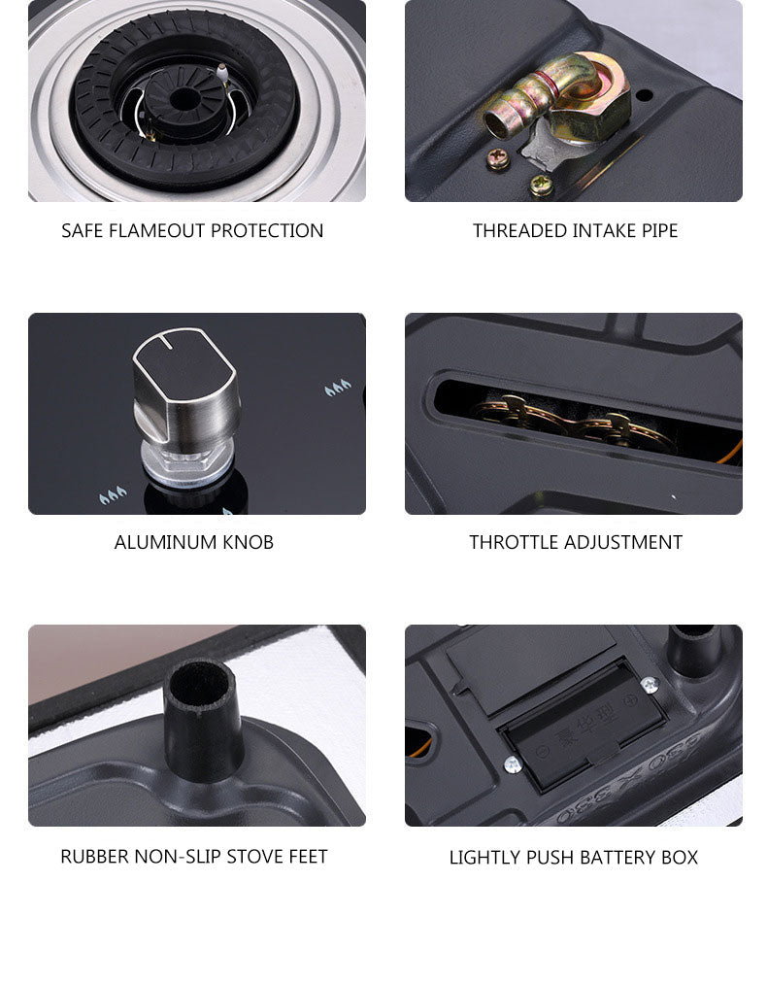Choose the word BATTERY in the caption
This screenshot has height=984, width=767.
pos(612,857)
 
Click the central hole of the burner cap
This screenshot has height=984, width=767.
pos(184,99)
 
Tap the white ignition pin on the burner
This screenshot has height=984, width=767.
pos(221,74)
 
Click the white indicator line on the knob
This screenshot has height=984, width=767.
pos(166,339)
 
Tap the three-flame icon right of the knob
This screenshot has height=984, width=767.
pos(338,388)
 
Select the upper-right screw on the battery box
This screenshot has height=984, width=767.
pos(650,685)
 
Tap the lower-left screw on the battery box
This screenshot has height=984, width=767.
pos(513,764)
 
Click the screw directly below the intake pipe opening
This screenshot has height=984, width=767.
pos(499,158)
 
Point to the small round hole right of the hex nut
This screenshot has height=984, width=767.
pos(644,95)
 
